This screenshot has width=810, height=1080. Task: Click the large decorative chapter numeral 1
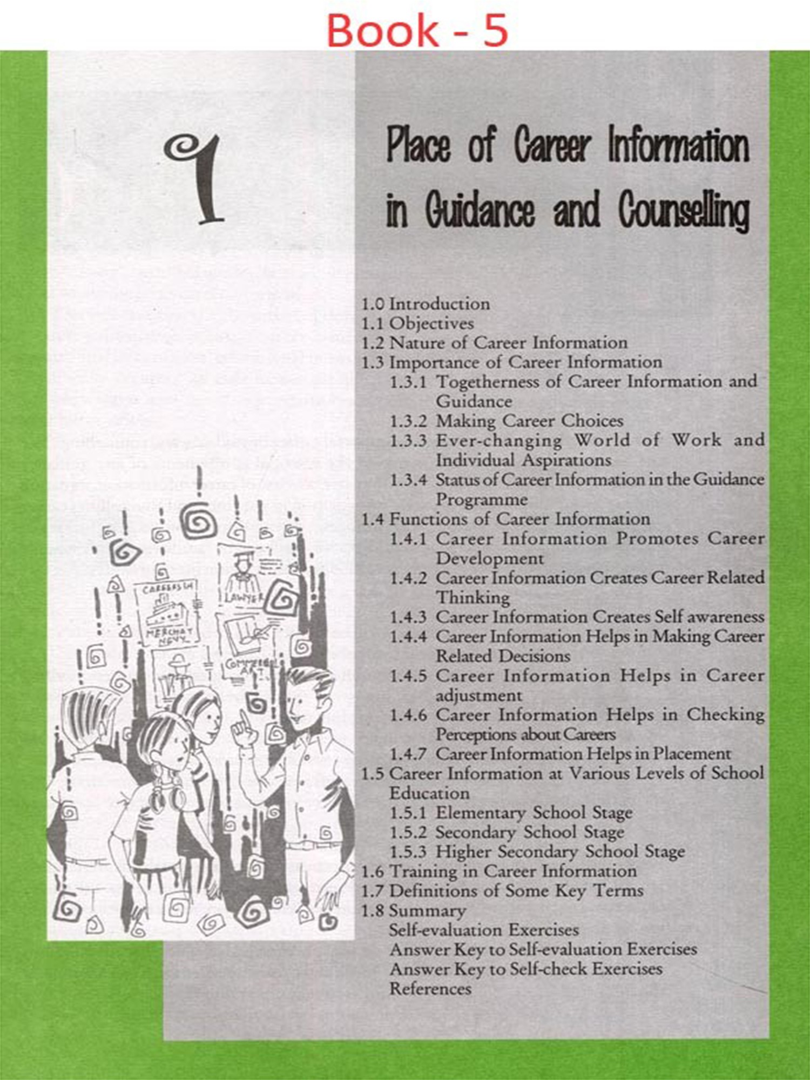pyautogui.click(x=198, y=178)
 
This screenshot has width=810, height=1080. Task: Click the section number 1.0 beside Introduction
pyautogui.click(x=372, y=304)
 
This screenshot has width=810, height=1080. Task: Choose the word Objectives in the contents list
pyautogui.click(x=431, y=323)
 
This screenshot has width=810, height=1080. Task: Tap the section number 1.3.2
pyautogui.click(x=408, y=421)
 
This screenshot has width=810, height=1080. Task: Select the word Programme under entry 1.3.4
pyautogui.click(x=481, y=500)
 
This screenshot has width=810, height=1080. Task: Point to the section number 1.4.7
pyautogui.click(x=408, y=753)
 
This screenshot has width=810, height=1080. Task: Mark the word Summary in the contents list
pyautogui.click(x=427, y=910)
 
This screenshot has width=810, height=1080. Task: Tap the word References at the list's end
pyautogui.click(x=430, y=989)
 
